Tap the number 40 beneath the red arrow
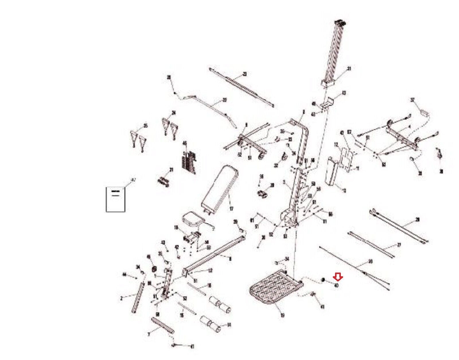(x=337, y=285)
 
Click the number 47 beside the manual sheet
(x=133, y=180)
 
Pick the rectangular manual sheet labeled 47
(x=116, y=199)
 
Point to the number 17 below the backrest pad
(x=232, y=209)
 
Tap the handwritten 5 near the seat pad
(x=213, y=229)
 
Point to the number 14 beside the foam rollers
(x=229, y=325)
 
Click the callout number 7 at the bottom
(x=148, y=334)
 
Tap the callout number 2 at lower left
(x=121, y=299)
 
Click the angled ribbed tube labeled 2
(x=138, y=298)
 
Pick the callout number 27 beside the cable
(x=399, y=245)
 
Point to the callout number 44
(x=125, y=275)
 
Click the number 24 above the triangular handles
(x=173, y=113)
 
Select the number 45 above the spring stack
(x=185, y=143)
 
